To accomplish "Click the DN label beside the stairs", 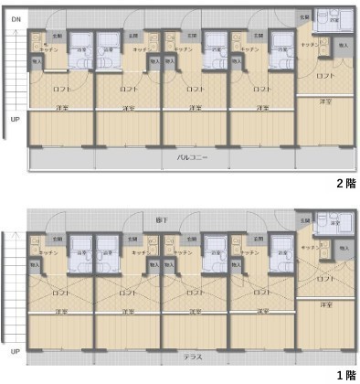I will [x=16, y=19].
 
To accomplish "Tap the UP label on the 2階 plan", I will [x=16, y=119].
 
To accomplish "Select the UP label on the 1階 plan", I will [x=16, y=351].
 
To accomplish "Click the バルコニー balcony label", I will [x=192, y=157].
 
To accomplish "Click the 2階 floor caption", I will [x=344, y=183].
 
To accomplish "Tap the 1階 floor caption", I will [x=344, y=375].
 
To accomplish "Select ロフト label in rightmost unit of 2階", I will [x=325, y=77].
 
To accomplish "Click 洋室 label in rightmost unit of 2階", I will [x=325, y=101].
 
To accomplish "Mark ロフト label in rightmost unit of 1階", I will [x=325, y=281].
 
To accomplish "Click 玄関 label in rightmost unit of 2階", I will [x=303, y=17].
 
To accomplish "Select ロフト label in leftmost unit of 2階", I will [x=62, y=90].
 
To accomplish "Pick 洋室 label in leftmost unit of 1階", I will [x=62, y=313].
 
